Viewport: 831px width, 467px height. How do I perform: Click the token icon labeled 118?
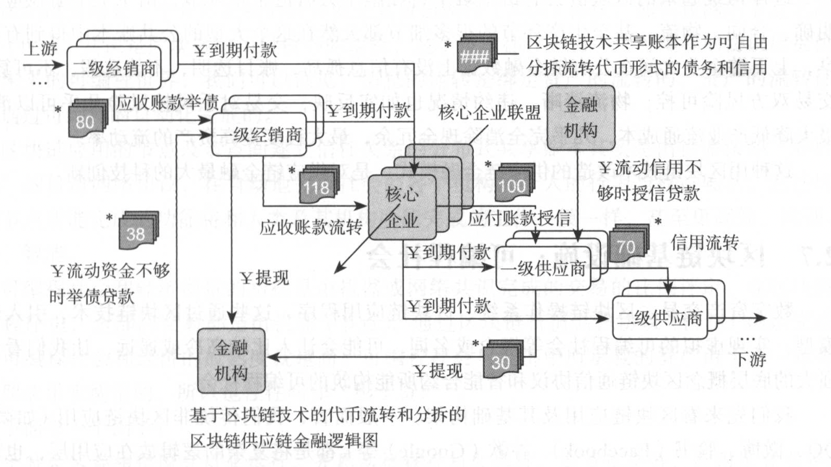(x=318, y=186)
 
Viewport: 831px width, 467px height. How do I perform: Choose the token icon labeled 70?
(x=626, y=245)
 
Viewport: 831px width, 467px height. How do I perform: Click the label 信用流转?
(x=704, y=244)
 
